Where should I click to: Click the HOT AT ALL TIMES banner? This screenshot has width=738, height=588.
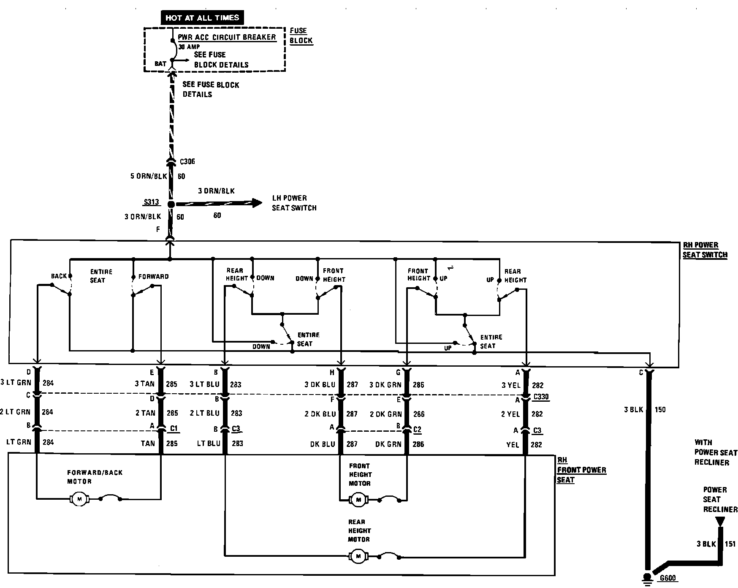click(202, 17)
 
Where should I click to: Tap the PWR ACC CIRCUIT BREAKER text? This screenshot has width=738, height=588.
click(227, 37)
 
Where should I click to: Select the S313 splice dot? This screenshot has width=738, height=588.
click(171, 204)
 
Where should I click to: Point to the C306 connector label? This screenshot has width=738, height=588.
click(187, 162)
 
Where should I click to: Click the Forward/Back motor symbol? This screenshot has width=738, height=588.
click(79, 499)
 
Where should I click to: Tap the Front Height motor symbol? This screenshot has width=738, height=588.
click(358, 500)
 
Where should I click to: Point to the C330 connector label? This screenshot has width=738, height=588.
click(541, 397)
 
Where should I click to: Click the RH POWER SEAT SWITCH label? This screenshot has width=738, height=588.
click(705, 250)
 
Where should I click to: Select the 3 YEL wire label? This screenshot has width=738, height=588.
click(511, 385)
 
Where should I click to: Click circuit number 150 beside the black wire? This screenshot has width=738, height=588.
click(660, 409)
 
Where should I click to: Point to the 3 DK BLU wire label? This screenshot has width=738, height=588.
click(320, 384)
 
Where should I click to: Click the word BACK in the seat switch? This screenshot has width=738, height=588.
click(59, 276)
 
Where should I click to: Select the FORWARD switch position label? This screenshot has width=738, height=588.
click(153, 277)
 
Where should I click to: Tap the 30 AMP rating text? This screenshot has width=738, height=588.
click(189, 47)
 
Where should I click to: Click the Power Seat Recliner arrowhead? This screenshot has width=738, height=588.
click(720, 521)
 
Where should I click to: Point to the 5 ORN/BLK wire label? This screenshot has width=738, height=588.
click(149, 176)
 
